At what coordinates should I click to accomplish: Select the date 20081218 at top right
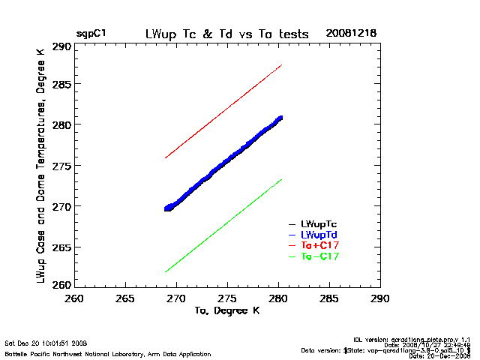pyautogui.click(x=351, y=34)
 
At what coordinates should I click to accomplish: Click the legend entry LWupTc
pyautogui.click(x=319, y=224)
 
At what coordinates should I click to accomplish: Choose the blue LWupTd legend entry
pyautogui.click(x=319, y=235)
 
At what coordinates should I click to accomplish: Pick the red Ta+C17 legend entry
pyautogui.click(x=319, y=246)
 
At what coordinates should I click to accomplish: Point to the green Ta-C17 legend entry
pyautogui.click(x=319, y=257)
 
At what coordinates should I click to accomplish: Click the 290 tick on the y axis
pyautogui.click(x=62, y=46)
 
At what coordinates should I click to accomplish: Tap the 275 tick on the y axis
pyautogui.click(x=62, y=166)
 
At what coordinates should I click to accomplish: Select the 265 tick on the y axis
pyautogui.click(x=62, y=245)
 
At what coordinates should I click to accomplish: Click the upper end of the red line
pyautogui.click(x=281, y=65)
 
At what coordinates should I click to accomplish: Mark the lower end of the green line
pyautogui.click(x=166, y=271)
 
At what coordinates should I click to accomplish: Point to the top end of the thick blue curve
pyautogui.click(x=280, y=118)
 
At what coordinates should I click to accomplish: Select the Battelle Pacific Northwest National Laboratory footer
pyautogui.click(x=108, y=353)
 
